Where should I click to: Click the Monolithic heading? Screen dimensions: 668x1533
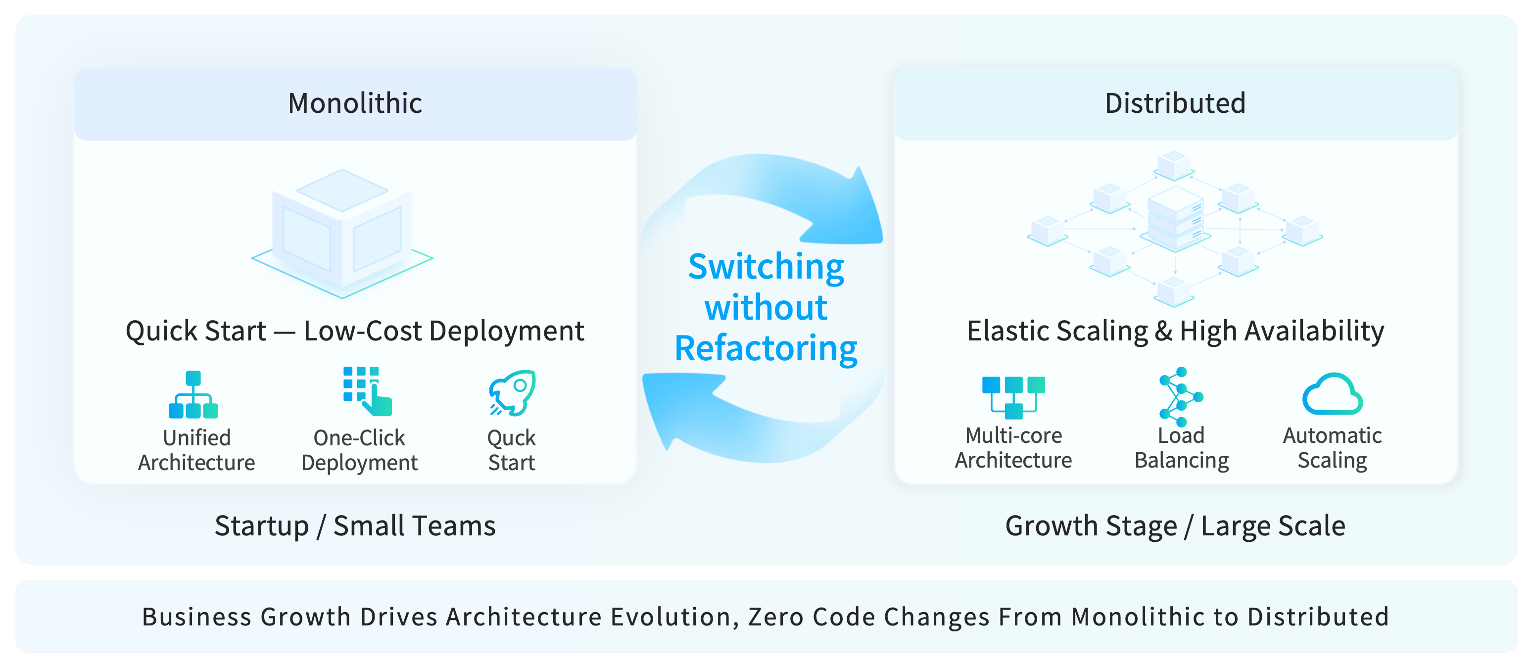[x=355, y=103]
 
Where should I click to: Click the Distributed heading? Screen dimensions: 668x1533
[x=1175, y=103]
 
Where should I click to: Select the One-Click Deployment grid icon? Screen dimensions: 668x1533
[x=367, y=391]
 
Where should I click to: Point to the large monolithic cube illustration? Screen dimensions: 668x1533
[x=342, y=232]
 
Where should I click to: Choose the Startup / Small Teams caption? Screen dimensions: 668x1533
[x=355, y=526]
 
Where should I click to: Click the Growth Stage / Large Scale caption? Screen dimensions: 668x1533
[x=1175, y=526]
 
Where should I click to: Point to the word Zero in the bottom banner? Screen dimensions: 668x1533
[x=776, y=617]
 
